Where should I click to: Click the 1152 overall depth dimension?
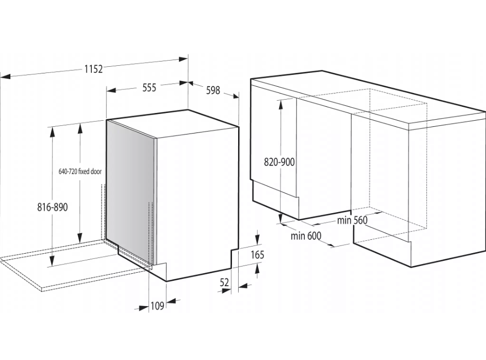pos(93,69)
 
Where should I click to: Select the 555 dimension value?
pos(149,88)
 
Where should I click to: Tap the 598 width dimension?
pos(213,90)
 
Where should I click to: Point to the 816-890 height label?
pos(52,207)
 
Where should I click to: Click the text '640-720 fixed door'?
pos(80,172)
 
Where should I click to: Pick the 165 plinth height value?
pos(257,255)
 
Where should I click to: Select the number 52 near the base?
pos(224,282)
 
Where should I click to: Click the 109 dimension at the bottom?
pos(157,306)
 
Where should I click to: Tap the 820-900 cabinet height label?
pos(279,162)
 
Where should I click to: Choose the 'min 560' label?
pos(352,220)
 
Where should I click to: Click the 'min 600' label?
pos(306,236)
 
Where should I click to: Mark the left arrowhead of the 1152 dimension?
pos(6,77)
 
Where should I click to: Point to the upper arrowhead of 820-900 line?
pos(281,104)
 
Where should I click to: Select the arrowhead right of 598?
pos(235,96)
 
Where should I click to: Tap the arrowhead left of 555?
pos(111,90)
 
